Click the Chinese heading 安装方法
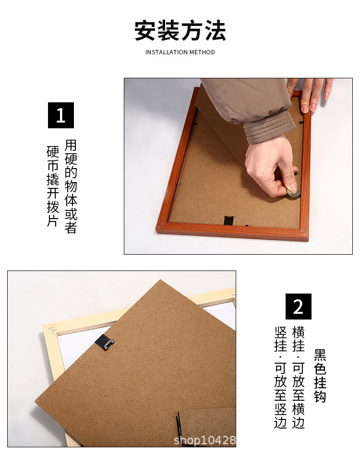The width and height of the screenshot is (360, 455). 180,30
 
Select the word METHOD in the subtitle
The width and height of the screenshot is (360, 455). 202,52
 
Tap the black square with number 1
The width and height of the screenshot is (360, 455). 61,115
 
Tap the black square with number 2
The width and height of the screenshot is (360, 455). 299,307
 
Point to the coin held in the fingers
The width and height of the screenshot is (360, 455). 293,192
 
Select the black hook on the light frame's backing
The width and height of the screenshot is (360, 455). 105,343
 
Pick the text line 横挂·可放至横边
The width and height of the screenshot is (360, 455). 298,377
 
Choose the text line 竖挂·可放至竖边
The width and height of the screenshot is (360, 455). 280,377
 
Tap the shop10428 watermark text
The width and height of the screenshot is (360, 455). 205,440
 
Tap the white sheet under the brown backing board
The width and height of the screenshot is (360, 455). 77,346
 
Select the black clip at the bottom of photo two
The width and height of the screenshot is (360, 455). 179,425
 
